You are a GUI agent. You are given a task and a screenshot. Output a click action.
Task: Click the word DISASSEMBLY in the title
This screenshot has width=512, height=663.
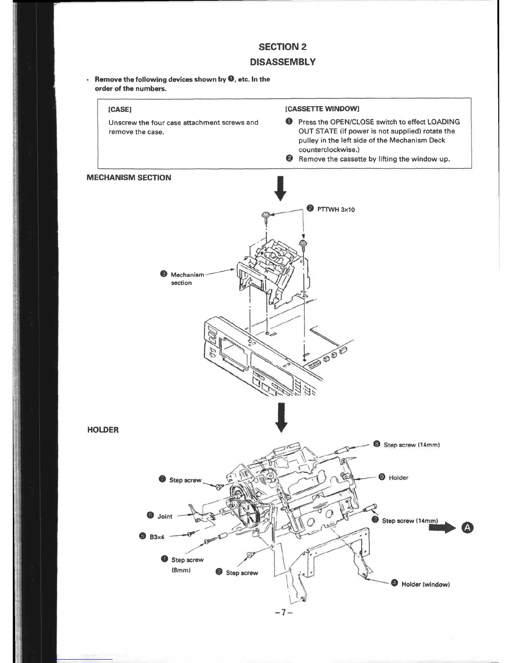click(282, 62)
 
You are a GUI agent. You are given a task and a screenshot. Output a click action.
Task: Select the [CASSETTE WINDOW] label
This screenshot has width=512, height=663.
click(322, 109)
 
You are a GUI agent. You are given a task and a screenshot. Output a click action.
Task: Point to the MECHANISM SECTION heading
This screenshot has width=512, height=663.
click(128, 177)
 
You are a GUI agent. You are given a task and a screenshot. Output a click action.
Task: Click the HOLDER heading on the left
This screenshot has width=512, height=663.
click(103, 430)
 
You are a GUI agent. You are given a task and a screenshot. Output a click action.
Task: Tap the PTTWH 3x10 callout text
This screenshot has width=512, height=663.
click(336, 209)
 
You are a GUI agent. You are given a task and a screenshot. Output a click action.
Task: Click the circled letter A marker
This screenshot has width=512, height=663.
click(468, 528)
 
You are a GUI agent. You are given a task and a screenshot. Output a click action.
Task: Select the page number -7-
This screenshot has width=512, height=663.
click(283, 613)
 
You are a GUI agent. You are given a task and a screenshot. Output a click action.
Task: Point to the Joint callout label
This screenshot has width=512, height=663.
click(164, 517)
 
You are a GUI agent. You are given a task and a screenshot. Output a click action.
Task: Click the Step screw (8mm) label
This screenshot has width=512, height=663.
click(187, 565)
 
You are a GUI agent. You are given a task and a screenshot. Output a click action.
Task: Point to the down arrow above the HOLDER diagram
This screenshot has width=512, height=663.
click(282, 417)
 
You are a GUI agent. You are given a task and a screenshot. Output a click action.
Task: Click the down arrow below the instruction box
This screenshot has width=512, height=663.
click(282, 189)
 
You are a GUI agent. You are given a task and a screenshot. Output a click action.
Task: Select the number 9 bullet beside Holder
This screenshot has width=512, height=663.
click(381, 477)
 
